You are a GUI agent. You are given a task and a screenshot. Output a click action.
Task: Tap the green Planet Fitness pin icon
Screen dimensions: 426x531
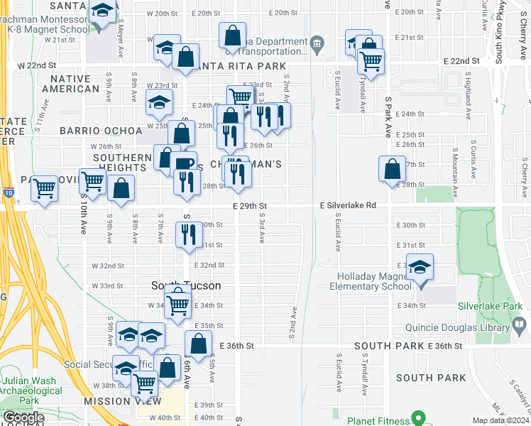[x=419, y=418]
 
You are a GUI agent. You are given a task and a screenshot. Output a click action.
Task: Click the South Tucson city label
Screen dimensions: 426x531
[x=186, y=285]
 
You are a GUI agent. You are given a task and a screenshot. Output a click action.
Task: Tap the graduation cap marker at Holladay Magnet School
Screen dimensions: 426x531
[x=420, y=268]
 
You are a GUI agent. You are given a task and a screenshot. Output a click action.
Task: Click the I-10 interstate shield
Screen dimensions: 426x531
[x=8, y=192]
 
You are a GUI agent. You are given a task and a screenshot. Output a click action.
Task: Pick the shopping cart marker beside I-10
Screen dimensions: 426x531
[x=44, y=189]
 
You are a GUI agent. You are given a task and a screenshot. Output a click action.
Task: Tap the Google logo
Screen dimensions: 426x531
[x=23, y=417]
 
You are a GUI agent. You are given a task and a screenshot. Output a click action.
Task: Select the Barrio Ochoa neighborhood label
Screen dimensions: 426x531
[x=92, y=131]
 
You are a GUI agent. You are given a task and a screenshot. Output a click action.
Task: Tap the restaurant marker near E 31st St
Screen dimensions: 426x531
[x=188, y=234]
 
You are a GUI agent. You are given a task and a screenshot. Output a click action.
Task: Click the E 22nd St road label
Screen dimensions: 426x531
[x=460, y=62]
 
